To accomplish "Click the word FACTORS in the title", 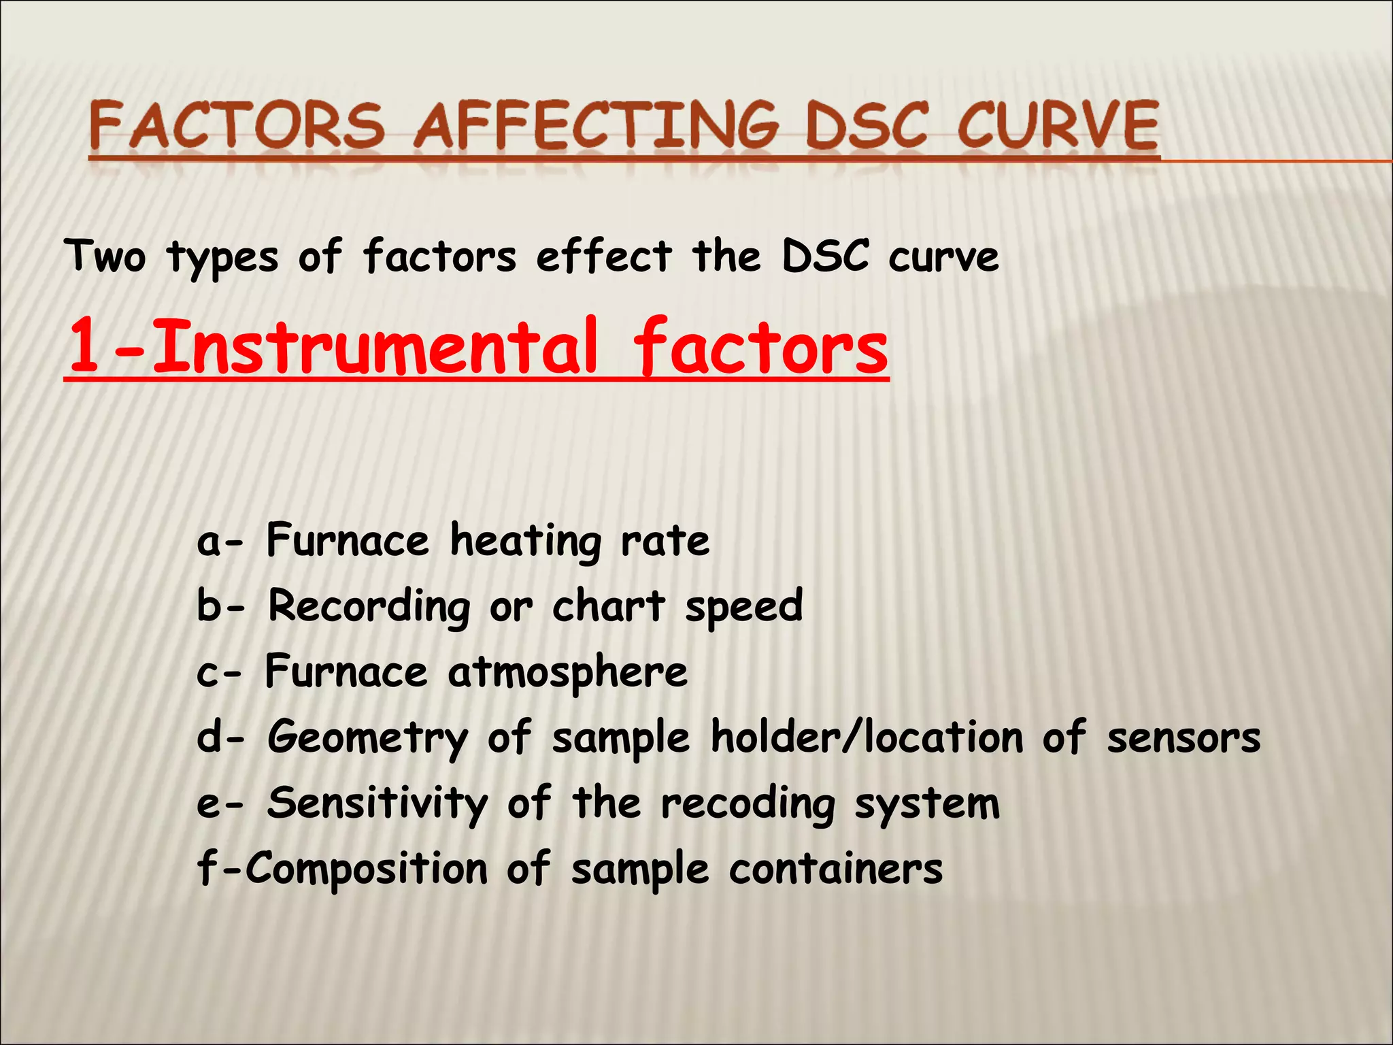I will coord(236,126).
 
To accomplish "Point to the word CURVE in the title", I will coord(1058,126).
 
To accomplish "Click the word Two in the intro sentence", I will coord(105,256).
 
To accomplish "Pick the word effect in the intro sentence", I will coord(604,256).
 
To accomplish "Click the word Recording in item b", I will coord(369,606).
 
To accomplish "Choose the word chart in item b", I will coord(608,606).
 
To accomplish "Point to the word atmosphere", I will coord(568,672).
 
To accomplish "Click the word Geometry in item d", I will coord(368,738).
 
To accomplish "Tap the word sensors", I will coord(1184,738).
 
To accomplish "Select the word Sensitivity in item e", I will coord(377,803).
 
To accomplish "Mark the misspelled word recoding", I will coord(748,805).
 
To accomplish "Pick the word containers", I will coord(836,869).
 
